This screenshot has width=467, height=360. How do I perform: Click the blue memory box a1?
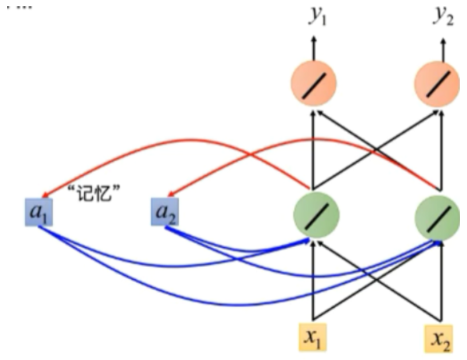pyautogui.click(x=39, y=211)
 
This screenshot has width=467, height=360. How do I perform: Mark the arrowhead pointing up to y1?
pyautogui.click(x=313, y=41)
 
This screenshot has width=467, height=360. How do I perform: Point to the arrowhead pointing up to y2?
pyautogui.click(x=442, y=41)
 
